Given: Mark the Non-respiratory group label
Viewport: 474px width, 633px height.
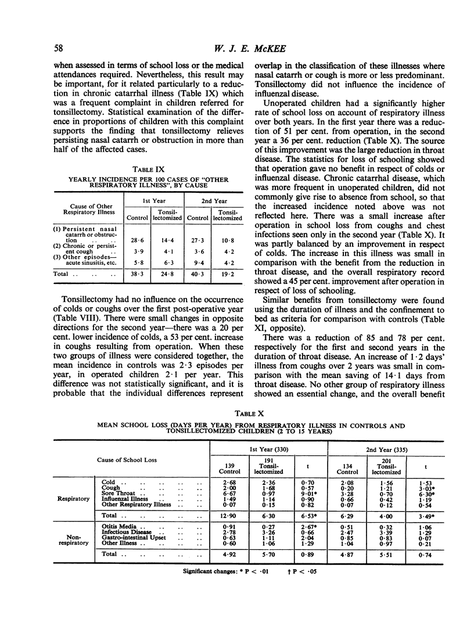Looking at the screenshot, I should tap(74, 538).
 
